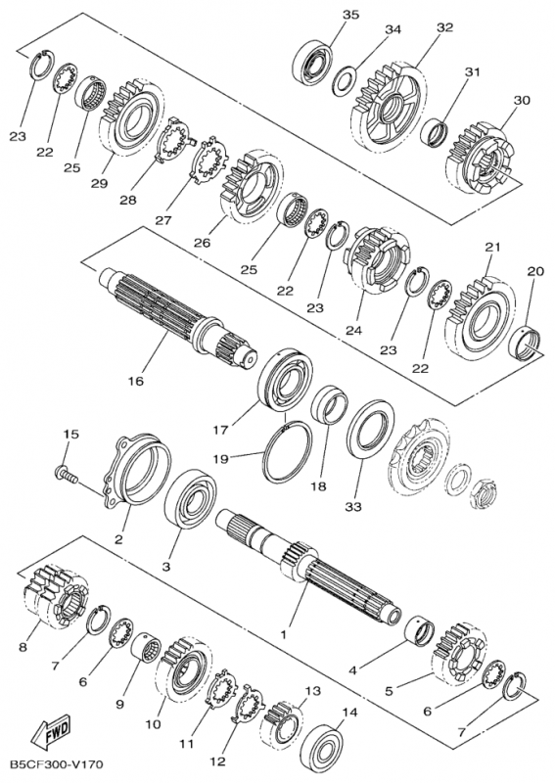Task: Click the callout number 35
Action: point(350,15)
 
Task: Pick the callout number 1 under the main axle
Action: point(283,634)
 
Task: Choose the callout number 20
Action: point(534,271)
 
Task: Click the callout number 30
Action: point(522,100)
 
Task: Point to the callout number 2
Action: point(118,538)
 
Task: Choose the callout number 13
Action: point(311,691)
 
